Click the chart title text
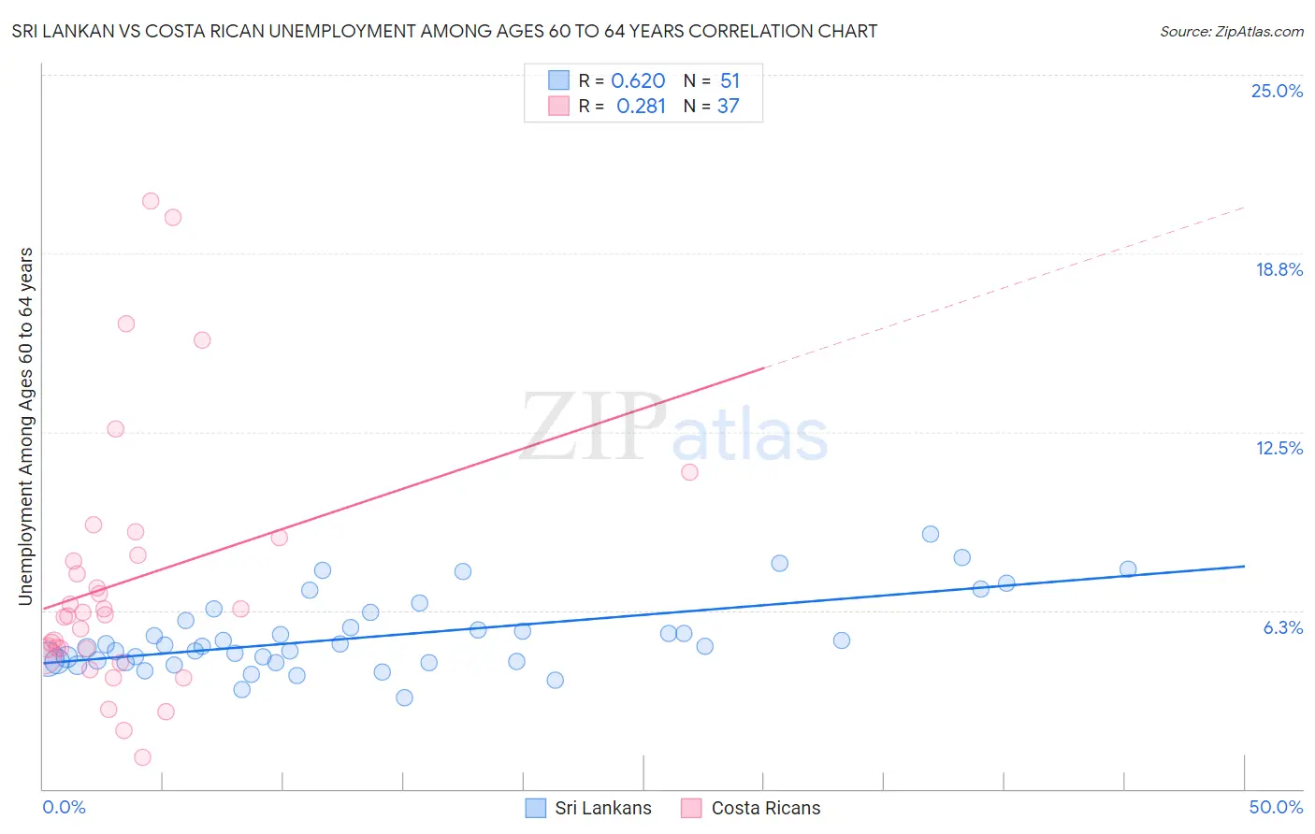(x=444, y=31)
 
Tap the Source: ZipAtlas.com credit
(x=1231, y=31)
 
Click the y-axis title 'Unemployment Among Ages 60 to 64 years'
(x=25, y=426)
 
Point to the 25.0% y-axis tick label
(x=1277, y=91)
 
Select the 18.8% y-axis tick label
(x=1279, y=269)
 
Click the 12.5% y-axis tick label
(x=1279, y=448)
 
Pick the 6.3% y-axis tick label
(x=1282, y=627)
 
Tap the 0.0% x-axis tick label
(x=64, y=807)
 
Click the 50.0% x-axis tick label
(x=1276, y=807)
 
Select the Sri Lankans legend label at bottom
(x=602, y=808)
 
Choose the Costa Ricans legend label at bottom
(x=765, y=808)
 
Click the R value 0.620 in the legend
(x=638, y=81)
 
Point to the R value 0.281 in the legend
(x=641, y=107)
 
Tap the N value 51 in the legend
(x=730, y=81)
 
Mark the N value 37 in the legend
(x=728, y=107)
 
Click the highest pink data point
(x=151, y=201)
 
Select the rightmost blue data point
(x=1128, y=569)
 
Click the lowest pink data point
(x=143, y=757)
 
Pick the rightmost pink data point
(x=689, y=472)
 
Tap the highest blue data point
(x=931, y=534)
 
